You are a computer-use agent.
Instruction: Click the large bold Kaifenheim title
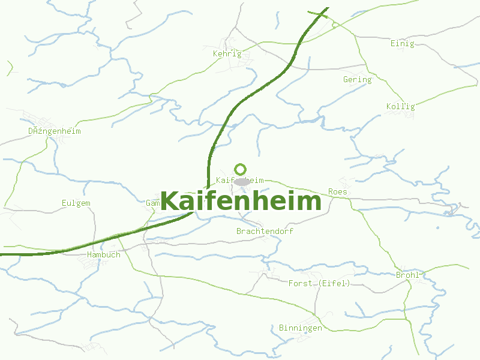(x=241, y=201)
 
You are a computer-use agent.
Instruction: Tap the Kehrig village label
(x=227, y=53)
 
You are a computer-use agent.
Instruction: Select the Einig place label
(x=402, y=44)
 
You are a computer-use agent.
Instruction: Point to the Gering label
(x=357, y=80)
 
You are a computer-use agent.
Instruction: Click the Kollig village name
(x=400, y=107)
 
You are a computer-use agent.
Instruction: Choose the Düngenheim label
(x=54, y=131)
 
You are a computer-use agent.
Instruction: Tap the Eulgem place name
(x=76, y=203)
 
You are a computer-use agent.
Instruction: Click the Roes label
(x=338, y=192)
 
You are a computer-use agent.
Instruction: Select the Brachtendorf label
(x=265, y=231)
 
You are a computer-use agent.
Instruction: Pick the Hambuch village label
(x=103, y=254)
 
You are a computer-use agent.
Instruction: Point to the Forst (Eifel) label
(x=319, y=283)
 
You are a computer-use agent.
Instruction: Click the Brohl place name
(x=407, y=275)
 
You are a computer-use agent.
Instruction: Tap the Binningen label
(x=300, y=328)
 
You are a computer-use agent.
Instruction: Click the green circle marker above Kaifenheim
(x=241, y=169)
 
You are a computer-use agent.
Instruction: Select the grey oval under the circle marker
(x=241, y=181)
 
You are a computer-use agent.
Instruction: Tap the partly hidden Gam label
(x=152, y=203)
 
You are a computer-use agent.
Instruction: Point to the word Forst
(x=301, y=283)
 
